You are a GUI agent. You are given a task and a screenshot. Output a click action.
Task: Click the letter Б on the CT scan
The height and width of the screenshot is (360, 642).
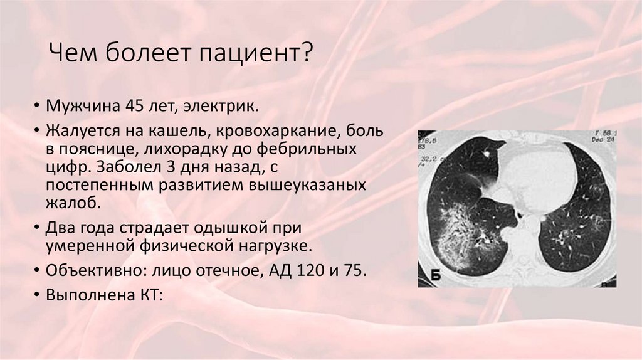[x=434, y=274]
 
